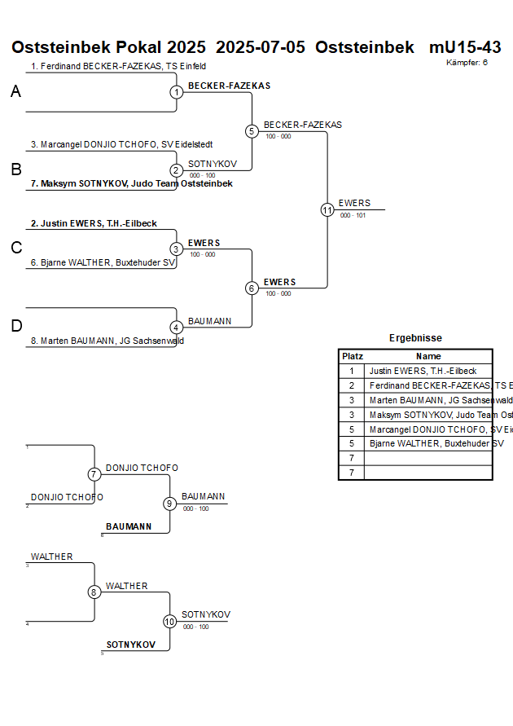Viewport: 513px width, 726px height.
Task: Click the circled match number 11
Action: click(327, 210)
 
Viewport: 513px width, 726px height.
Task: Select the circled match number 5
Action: click(252, 131)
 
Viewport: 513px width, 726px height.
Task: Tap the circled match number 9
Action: click(169, 504)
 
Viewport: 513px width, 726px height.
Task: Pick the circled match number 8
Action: click(94, 592)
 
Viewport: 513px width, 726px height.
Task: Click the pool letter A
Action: click(15, 93)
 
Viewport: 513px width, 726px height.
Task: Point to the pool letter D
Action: click(15, 327)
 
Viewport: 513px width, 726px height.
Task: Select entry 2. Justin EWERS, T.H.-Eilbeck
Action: click(94, 223)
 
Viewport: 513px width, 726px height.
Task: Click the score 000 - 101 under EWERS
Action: click(353, 216)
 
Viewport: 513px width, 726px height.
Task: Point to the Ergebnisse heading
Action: click(415, 338)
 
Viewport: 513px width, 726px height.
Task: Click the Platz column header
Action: click(352, 356)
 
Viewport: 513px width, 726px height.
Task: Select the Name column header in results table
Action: click(428, 356)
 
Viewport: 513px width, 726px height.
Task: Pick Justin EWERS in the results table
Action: click(423, 371)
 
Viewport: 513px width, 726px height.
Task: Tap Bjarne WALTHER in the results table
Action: click(436, 443)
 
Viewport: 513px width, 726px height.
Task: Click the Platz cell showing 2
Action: click(352, 385)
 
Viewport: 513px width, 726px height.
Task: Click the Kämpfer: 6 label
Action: click(467, 62)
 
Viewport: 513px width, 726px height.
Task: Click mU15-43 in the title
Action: click(465, 47)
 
